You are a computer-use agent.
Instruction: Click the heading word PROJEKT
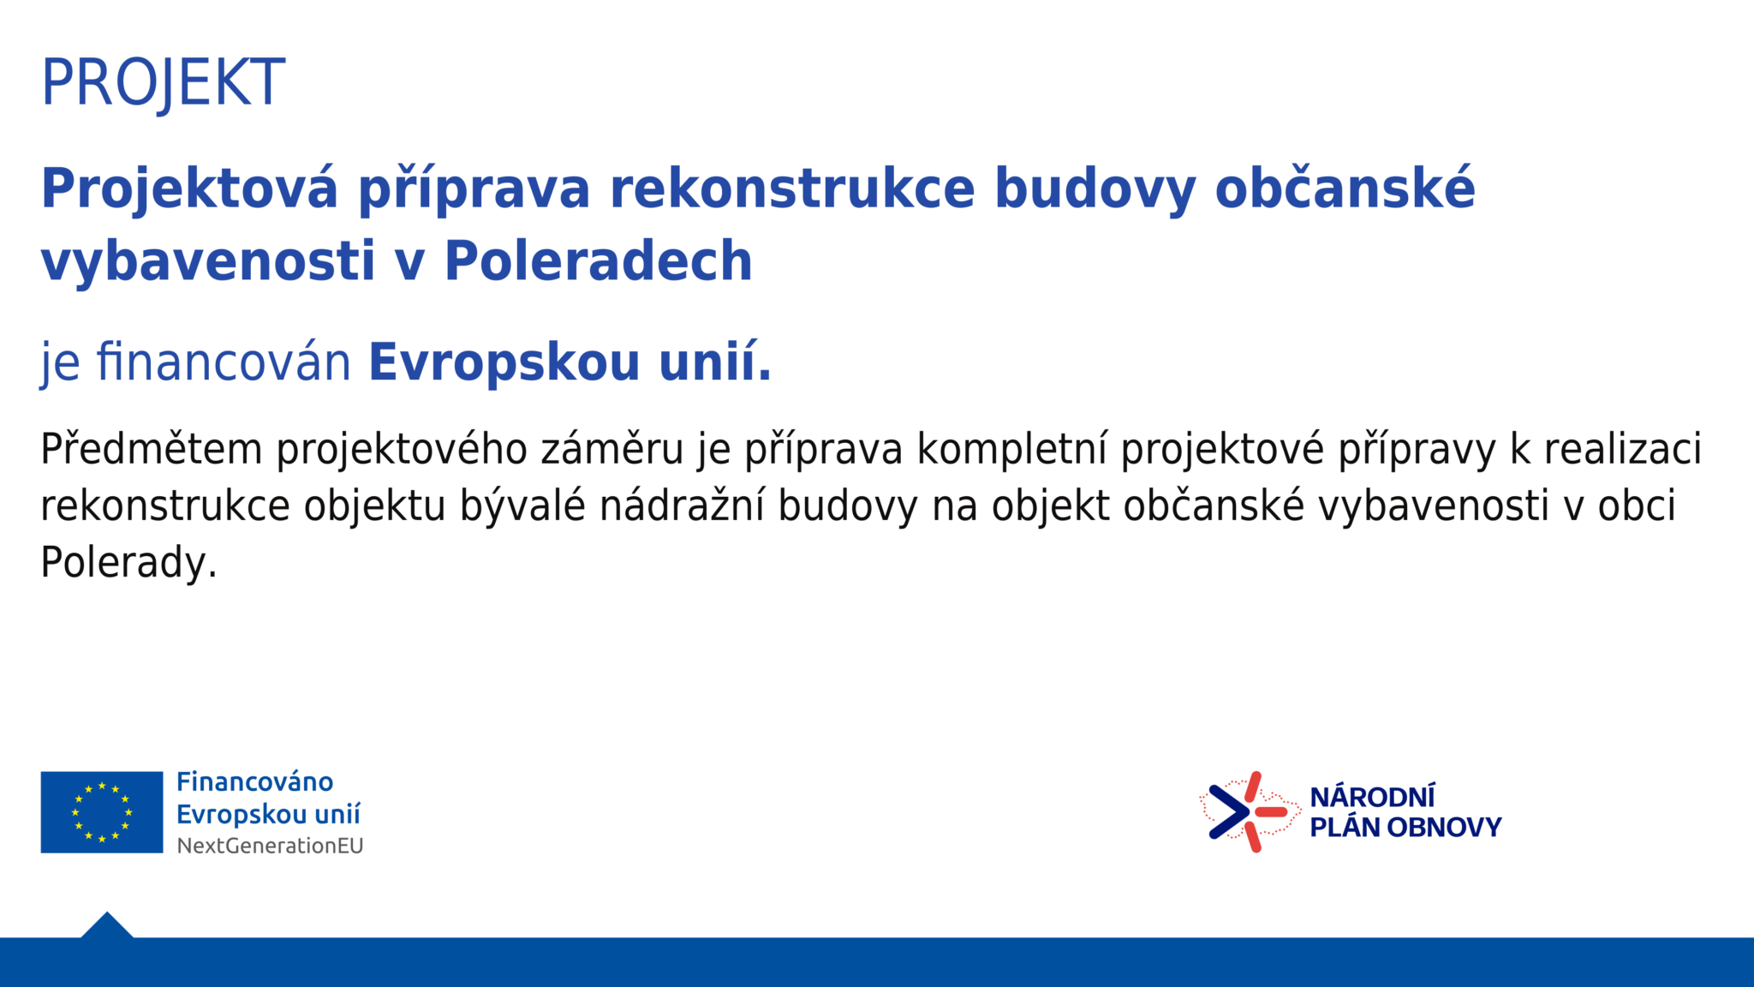click(x=163, y=83)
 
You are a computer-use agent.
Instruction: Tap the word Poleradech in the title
click(x=598, y=260)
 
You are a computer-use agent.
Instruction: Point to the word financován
click(x=224, y=362)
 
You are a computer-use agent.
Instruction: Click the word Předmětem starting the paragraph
click(x=151, y=450)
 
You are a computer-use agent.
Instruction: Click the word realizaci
click(x=1622, y=450)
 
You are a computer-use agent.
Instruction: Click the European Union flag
click(x=102, y=812)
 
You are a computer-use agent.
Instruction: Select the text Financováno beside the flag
click(x=254, y=782)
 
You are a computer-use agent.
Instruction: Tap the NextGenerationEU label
click(x=270, y=846)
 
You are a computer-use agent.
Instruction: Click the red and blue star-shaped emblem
click(x=1250, y=811)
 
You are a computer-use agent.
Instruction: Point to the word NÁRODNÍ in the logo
click(x=1372, y=796)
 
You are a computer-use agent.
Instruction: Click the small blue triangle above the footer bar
click(x=107, y=925)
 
